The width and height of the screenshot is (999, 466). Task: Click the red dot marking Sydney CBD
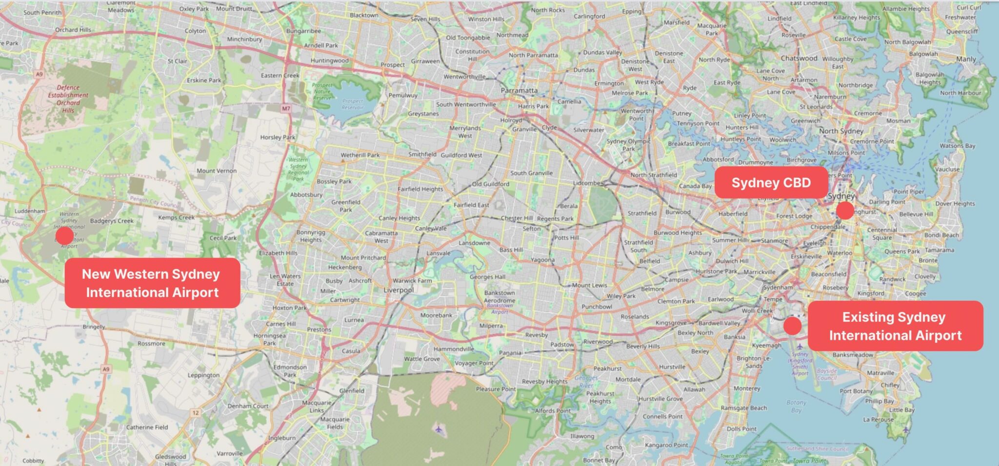(845, 211)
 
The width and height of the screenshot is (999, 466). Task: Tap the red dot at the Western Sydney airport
(64, 236)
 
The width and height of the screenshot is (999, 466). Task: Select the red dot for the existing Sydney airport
(792, 326)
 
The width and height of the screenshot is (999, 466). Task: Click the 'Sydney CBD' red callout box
(771, 183)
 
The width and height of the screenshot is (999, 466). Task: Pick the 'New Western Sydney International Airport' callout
(152, 283)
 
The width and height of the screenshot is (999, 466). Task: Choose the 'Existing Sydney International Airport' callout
(895, 326)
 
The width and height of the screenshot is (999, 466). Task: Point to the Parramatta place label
(519, 91)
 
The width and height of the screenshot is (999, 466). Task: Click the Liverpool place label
(399, 290)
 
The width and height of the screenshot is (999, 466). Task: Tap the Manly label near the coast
(966, 59)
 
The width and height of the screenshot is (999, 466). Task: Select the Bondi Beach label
(941, 235)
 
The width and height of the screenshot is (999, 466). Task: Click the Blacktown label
(364, 15)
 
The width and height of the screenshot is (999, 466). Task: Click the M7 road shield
(286, 108)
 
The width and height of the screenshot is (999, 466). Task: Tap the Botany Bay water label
(796, 406)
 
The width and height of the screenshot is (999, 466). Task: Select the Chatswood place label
(799, 58)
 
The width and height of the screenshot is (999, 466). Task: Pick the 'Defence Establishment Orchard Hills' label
(68, 99)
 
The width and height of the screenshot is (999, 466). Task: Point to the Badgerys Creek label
(112, 221)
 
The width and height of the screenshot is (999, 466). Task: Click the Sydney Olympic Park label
(628, 145)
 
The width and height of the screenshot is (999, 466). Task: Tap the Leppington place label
(203, 375)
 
